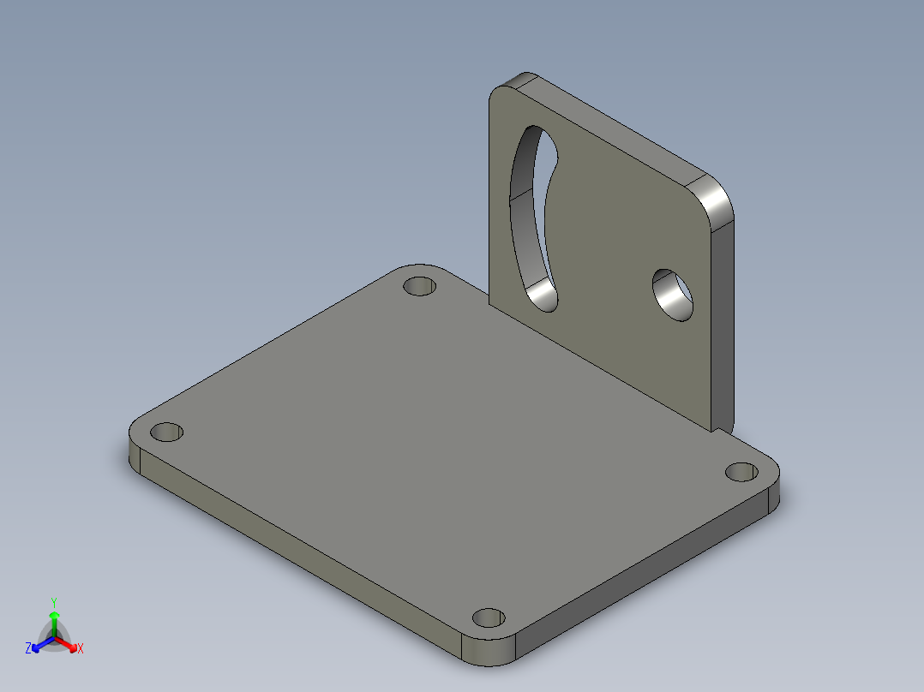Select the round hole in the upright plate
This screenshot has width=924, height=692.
[x=673, y=295]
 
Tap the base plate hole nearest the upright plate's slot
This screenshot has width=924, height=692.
[x=419, y=286]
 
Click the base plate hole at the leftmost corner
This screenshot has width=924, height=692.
[x=168, y=432]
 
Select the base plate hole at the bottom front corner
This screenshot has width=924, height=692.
[x=489, y=617]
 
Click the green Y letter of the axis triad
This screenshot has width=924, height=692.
[x=54, y=602]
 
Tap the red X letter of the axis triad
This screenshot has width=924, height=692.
[x=80, y=648]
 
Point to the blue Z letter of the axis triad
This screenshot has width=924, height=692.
[x=28, y=648]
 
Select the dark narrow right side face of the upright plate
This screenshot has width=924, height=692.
[x=723, y=325]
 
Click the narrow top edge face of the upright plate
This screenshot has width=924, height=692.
[x=617, y=128]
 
